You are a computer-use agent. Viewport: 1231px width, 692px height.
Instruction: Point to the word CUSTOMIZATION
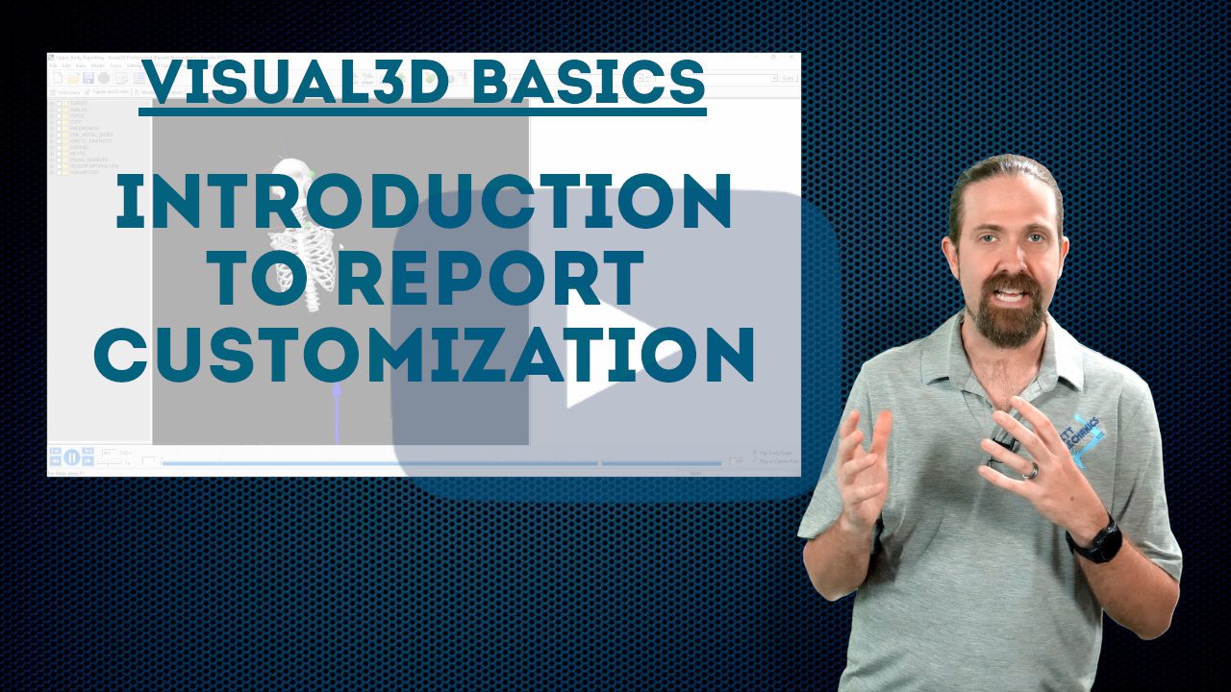point(423,354)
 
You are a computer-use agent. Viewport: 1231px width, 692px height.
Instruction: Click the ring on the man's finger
point(1030,471)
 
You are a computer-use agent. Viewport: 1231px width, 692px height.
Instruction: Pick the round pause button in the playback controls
point(72,457)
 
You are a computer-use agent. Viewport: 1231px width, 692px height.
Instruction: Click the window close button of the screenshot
point(790,59)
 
